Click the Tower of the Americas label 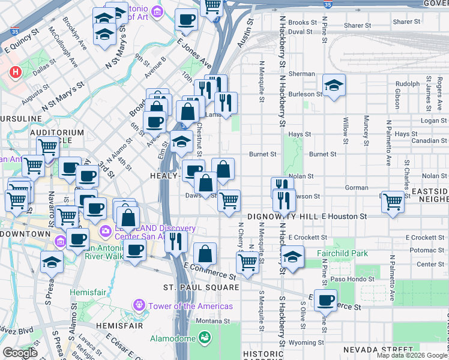pyautogui.click(x=190, y=306)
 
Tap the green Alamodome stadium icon pyautogui.click(x=205, y=338)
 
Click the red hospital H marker pyautogui.click(x=16, y=73)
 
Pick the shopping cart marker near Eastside pyautogui.click(x=393, y=202)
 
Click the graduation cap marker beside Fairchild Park pyautogui.click(x=292, y=257)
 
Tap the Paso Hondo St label pyautogui.click(x=352, y=278)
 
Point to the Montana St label pyautogui.click(x=209, y=320)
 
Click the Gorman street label pyautogui.click(x=357, y=187)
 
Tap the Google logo pyautogui.click(x=20, y=353)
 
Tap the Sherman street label pyautogui.click(x=301, y=74)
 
